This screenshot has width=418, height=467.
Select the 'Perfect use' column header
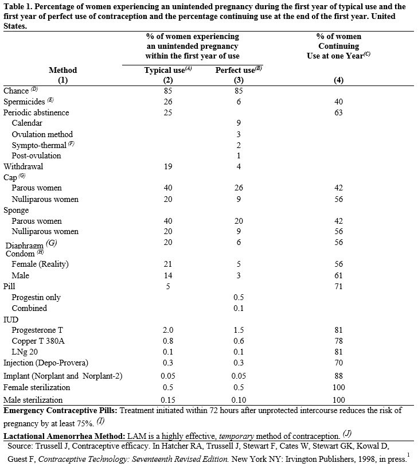click(x=235, y=70)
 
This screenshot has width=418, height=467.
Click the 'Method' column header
click(x=62, y=70)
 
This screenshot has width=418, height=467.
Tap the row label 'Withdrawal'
click(x=23, y=166)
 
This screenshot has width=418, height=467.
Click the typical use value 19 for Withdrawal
click(x=168, y=166)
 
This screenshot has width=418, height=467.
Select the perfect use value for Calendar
click(x=239, y=123)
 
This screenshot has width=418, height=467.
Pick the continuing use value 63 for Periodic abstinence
click(x=338, y=112)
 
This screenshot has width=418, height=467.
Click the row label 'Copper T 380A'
click(x=37, y=341)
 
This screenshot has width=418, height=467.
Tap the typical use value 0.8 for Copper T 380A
click(x=168, y=341)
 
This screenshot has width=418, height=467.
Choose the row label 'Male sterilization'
click(x=33, y=400)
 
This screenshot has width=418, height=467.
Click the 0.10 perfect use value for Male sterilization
click(x=239, y=400)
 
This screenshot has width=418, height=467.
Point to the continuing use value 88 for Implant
click(x=338, y=376)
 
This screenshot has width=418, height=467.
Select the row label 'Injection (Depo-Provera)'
click(x=46, y=363)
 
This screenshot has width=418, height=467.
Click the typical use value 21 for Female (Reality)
click(x=168, y=264)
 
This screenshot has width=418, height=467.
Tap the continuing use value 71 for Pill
click(x=338, y=286)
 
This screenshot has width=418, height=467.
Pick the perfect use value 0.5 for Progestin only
click(x=239, y=297)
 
